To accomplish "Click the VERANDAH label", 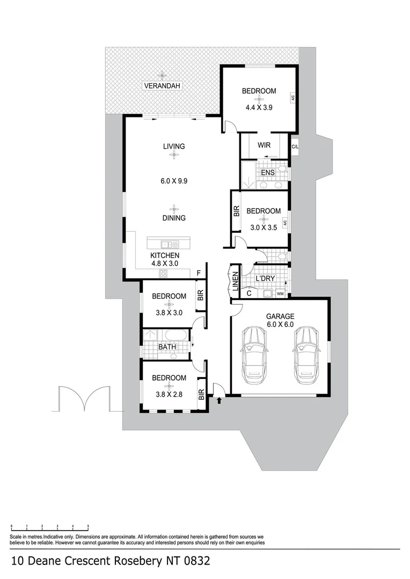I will point(163,85).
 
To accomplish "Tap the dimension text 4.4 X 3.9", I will point(259,107).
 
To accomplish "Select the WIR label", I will point(263,145).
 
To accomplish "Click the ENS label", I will point(267,173).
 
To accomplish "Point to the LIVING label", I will point(174,146).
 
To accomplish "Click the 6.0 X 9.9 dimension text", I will point(174,181).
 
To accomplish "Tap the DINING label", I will point(174,218).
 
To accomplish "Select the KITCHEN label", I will point(164,256).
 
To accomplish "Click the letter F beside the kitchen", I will point(199,273).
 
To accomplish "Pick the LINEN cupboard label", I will point(235,281).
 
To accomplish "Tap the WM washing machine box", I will point(280,294).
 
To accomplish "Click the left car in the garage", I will point(254,355).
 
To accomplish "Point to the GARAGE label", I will point(280,316).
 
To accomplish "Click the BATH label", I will point(167,347).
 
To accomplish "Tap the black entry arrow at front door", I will point(219,399).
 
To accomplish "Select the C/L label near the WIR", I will point(295,146).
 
